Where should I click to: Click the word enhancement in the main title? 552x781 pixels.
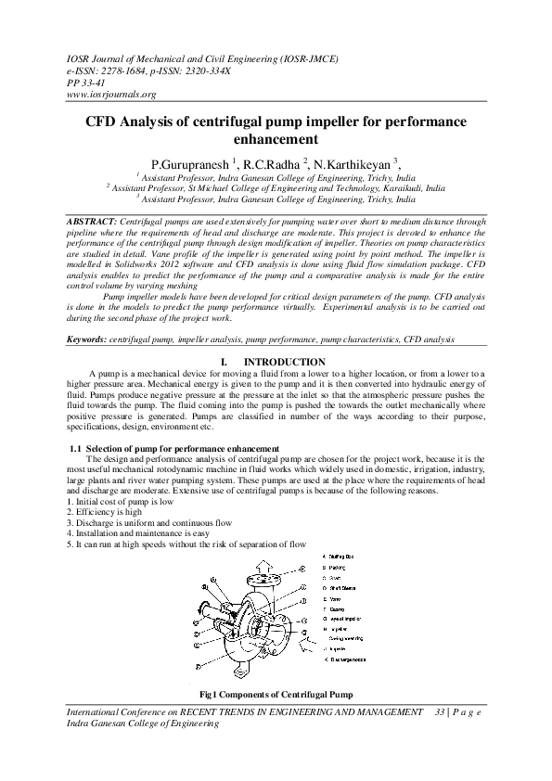pos(276,140)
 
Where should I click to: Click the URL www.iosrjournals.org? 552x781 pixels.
pos(110,95)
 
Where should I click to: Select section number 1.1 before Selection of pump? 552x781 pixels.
pos(76,449)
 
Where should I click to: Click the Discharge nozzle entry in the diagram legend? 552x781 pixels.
pos(350,659)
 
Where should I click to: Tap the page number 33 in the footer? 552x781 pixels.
pos(440,711)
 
